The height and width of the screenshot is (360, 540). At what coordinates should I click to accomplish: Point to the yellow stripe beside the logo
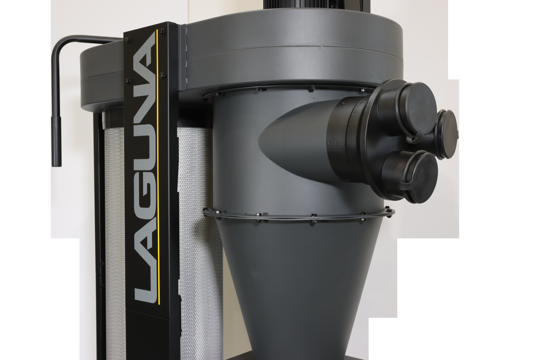tap(158, 166)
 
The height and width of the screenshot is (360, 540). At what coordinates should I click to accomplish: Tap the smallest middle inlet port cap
tap(448, 134)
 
